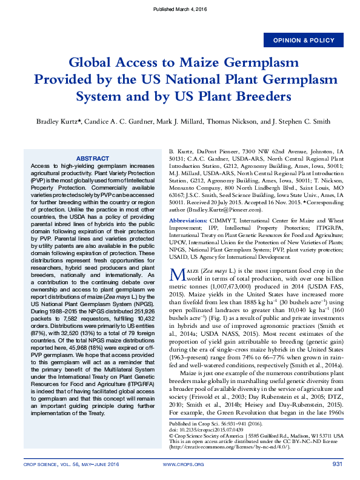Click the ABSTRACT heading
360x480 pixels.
pos(93,158)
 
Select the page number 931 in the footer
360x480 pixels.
pos(338,464)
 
